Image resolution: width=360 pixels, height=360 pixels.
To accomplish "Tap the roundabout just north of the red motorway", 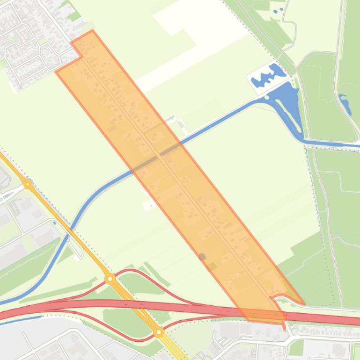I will [x=110, y=279].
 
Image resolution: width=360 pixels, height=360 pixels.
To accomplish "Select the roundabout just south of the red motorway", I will [x=159, y=332].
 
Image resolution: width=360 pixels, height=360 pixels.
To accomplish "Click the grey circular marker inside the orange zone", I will [x=202, y=257].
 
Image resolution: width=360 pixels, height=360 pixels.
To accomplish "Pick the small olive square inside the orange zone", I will [x=213, y=266].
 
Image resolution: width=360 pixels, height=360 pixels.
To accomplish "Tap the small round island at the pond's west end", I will [x=267, y=98].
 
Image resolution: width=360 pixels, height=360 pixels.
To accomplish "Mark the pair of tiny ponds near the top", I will [x=278, y=11].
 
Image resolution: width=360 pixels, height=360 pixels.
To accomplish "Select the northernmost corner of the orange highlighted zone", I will [x=92, y=31].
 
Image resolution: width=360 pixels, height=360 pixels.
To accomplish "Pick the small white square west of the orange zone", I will [x=149, y=204].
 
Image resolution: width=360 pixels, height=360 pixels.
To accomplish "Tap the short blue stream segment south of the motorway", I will [x=21, y=320].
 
